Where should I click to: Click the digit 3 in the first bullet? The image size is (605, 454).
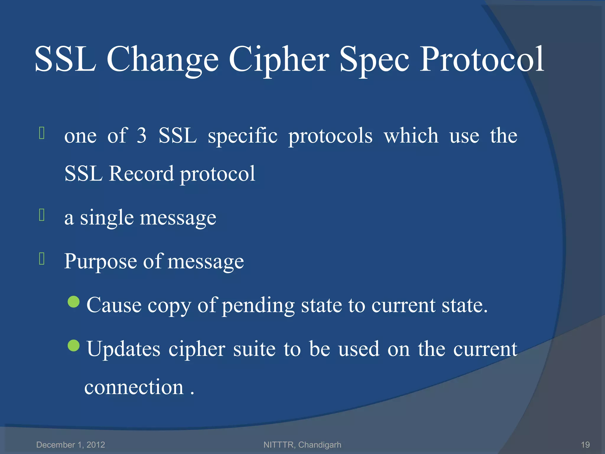pos(142,136)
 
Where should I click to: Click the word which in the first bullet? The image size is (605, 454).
pos(411,136)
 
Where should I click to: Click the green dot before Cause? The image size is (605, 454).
pos(74,302)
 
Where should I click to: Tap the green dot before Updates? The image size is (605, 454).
pos(74,345)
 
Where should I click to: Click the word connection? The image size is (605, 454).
pos(134,387)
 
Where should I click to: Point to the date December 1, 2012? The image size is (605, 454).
pos(71,445)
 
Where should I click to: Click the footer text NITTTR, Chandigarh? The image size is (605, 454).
pos(302,445)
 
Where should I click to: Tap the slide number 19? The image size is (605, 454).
pos(585,445)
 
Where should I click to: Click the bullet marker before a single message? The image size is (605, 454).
pos(42,215)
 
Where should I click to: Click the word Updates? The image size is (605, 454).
pos(123,349)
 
